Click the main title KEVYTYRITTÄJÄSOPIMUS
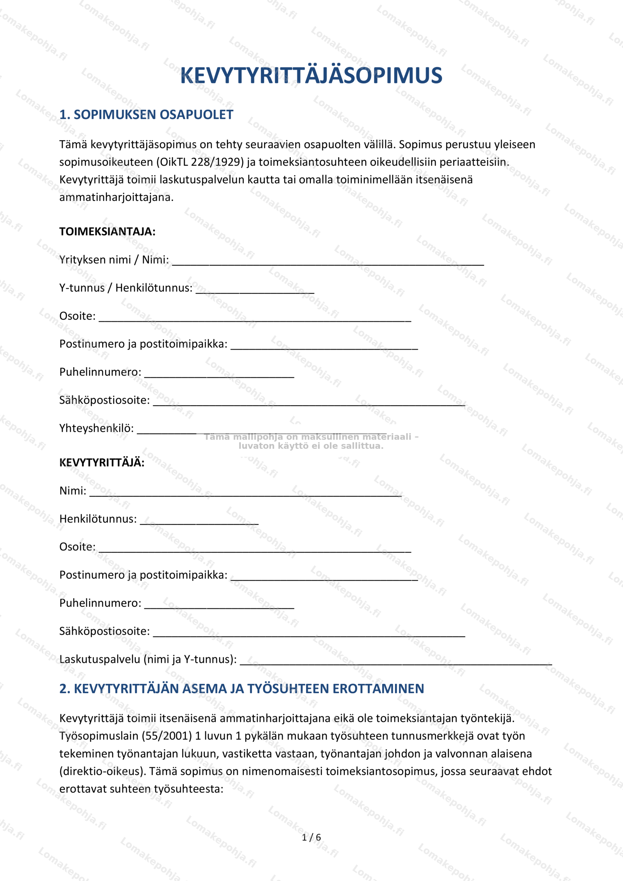(x=311, y=75)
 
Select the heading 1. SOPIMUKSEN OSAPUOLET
(x=146, y=114)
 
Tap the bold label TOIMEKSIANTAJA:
(x=107, y=231)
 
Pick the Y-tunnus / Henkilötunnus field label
(x=126, y=288)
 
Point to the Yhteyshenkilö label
(x=96, y=428)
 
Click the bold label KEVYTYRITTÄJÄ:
(x=102, y=463)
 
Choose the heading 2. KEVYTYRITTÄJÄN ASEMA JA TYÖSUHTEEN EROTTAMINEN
(x=241, y=688)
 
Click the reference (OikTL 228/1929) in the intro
(x=200, y=162)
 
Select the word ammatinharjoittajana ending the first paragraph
(x=116, y=197)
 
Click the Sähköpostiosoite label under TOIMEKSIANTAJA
(x=104, y=400)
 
